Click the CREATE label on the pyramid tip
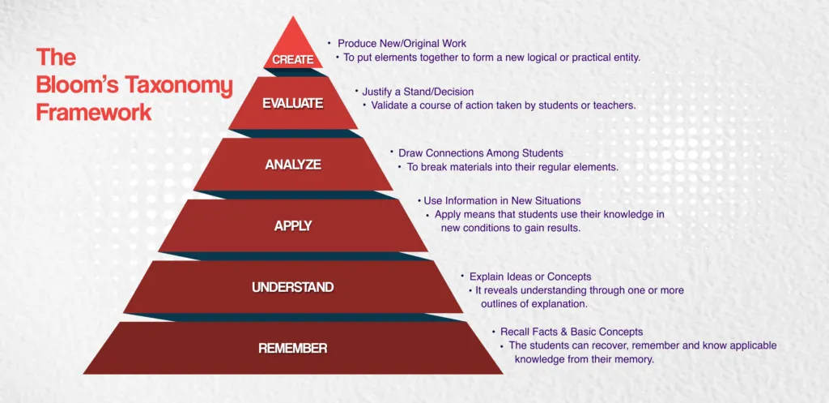(x=292, y=59)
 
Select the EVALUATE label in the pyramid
(x=292, y=103)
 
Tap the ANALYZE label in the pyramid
(x=293, y=165)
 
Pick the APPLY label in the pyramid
(x=293, y=226)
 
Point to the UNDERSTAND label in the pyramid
(x=292, y=287)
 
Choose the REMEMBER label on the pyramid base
(x=292, y=349)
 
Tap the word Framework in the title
(x=94, y=112)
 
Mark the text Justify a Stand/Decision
(x=418, y=92)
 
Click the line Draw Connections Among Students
(x=481, y=152)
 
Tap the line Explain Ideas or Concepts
(x=530, y=277)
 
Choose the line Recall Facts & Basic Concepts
(x=572, y=332)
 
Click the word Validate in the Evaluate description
(x=390, y=105)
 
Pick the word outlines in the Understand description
(x=501, y=304)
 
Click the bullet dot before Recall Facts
(x=493, y=331)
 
